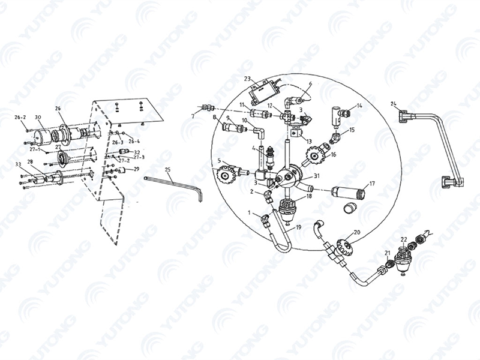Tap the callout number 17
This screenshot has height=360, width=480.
click(372, 184)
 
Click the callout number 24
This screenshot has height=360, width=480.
click(393, 104)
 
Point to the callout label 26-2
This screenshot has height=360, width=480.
click(20, 117)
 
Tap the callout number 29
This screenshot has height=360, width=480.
click(136, 169)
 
